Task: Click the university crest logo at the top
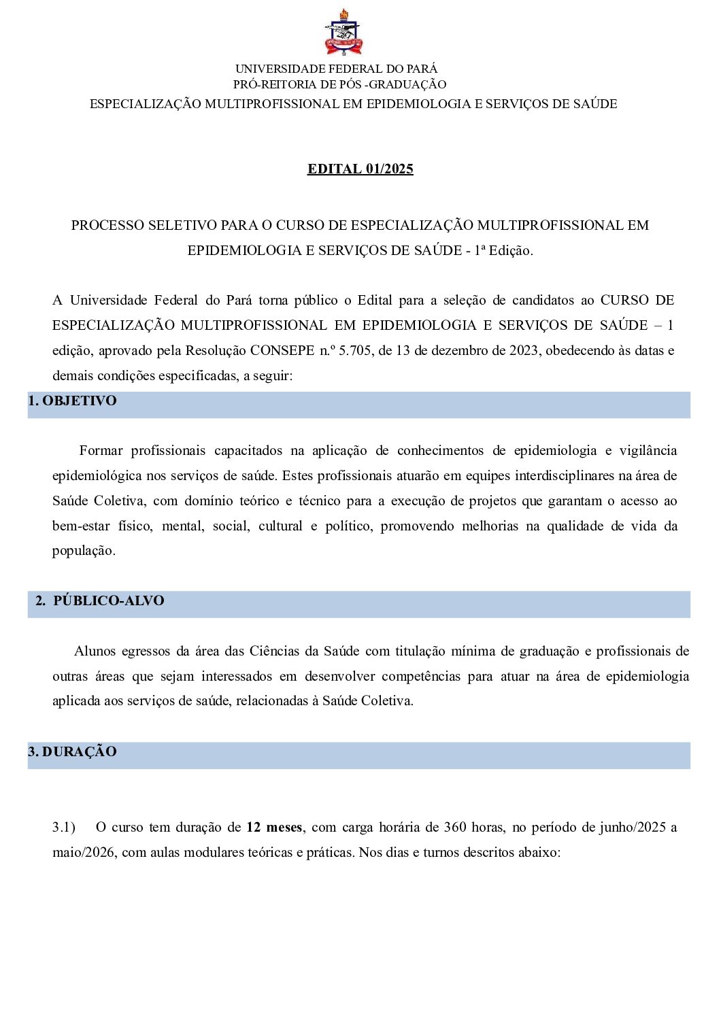[343, 33]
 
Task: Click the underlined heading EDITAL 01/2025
[360, 169]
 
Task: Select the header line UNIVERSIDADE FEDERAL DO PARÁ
[336, 69]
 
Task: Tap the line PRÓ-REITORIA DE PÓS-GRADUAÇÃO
[339, 84]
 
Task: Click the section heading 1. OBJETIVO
[72, 401]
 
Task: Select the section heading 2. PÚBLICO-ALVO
[100, 601]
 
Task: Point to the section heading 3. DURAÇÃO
[72, 752]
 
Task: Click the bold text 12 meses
[274, 828]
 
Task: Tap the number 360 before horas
[455, 828]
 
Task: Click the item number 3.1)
[64, 828]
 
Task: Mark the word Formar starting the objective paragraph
[101, 451]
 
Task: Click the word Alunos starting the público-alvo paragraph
[95, 651]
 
